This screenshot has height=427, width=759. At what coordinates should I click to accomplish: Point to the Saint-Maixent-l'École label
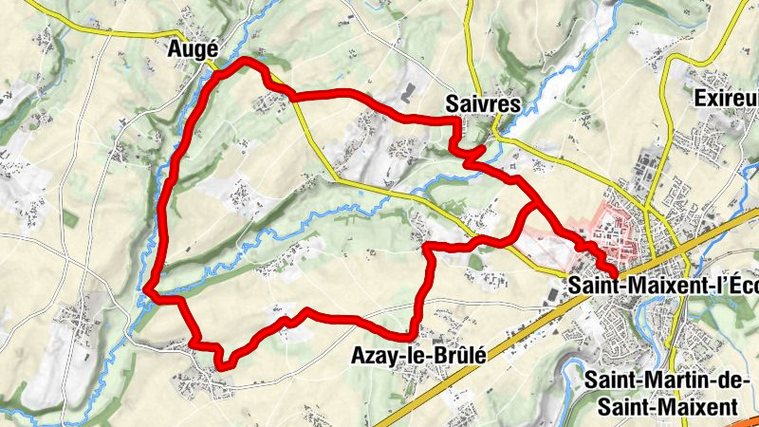(663, 283)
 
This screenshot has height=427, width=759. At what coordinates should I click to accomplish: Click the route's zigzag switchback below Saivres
(468, 151)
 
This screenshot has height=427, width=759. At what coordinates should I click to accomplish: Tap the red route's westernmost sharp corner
(148, 290)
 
